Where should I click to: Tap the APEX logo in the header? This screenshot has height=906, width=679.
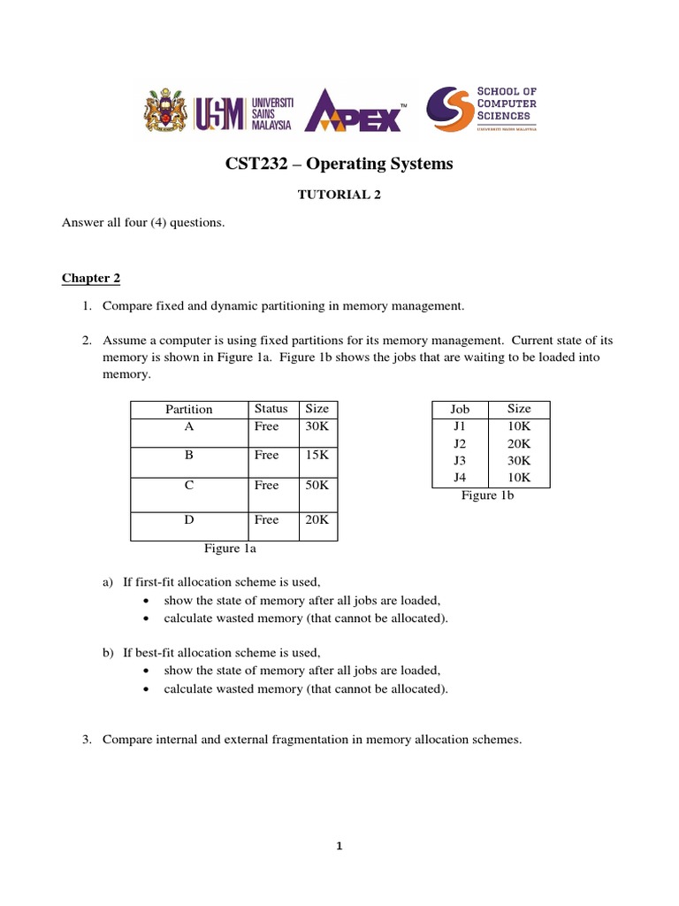click(x=353, y=110)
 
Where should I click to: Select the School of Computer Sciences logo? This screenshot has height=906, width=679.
click(x=482, y=110)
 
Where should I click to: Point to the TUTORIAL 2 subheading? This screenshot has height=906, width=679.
click(x=339, y=196)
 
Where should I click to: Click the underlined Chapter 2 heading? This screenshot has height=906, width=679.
click(x=90, y=279)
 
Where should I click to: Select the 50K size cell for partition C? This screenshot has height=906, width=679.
click(x=317, y=485)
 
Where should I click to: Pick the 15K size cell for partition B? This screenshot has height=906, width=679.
click(x=317, y=455)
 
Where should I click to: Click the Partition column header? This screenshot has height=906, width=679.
click(x=188, y=409)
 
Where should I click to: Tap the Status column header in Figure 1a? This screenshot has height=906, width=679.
click(x=271, y=409)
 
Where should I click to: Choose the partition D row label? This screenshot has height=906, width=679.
click(x=188, y=520)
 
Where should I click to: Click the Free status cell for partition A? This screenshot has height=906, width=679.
click(x=266, y=426)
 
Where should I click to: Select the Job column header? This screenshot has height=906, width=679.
click(x=460, y=409)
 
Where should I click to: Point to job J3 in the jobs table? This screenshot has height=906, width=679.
click(x=460, y=460)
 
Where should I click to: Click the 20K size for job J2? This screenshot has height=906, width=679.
click(x=519, y=443)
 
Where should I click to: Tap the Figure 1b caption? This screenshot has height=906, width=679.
click(x=487, y=495)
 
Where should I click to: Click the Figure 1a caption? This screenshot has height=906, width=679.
click(x=231, y=549)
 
